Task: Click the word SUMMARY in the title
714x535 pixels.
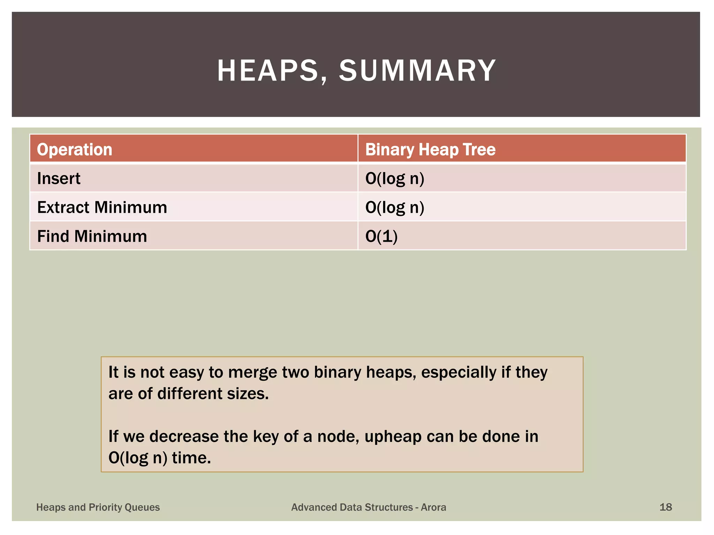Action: (x=417, y=71)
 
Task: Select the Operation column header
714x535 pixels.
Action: (x=75, y=150)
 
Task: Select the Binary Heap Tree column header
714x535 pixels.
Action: (x=430, y=150)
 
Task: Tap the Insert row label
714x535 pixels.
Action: (x=59, y=179)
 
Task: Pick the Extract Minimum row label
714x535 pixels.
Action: (x=102, y=208)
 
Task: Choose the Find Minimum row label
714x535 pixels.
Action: (x=92, y=237)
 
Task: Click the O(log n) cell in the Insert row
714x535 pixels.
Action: (x=395, y=179)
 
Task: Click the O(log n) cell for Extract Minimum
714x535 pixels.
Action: (x=395, y=208)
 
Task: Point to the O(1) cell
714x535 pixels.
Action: (x=381, y=237)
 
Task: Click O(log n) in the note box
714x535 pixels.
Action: (x=138, y=458)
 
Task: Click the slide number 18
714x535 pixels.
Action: (x=666, y=507)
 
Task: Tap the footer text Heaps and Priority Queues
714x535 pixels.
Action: (x=98, y=507)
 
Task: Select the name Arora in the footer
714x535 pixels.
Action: (x=433, y=507)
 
